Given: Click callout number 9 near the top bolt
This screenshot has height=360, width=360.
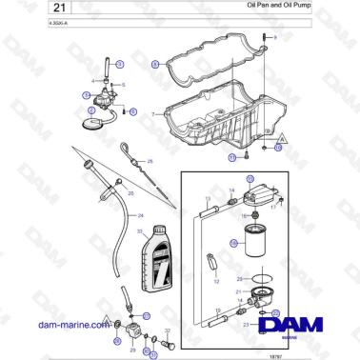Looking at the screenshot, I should (275, 36).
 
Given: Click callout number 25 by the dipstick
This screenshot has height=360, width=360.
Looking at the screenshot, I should (148, 163).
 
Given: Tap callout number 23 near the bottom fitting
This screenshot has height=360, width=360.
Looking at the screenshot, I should (245, 324).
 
